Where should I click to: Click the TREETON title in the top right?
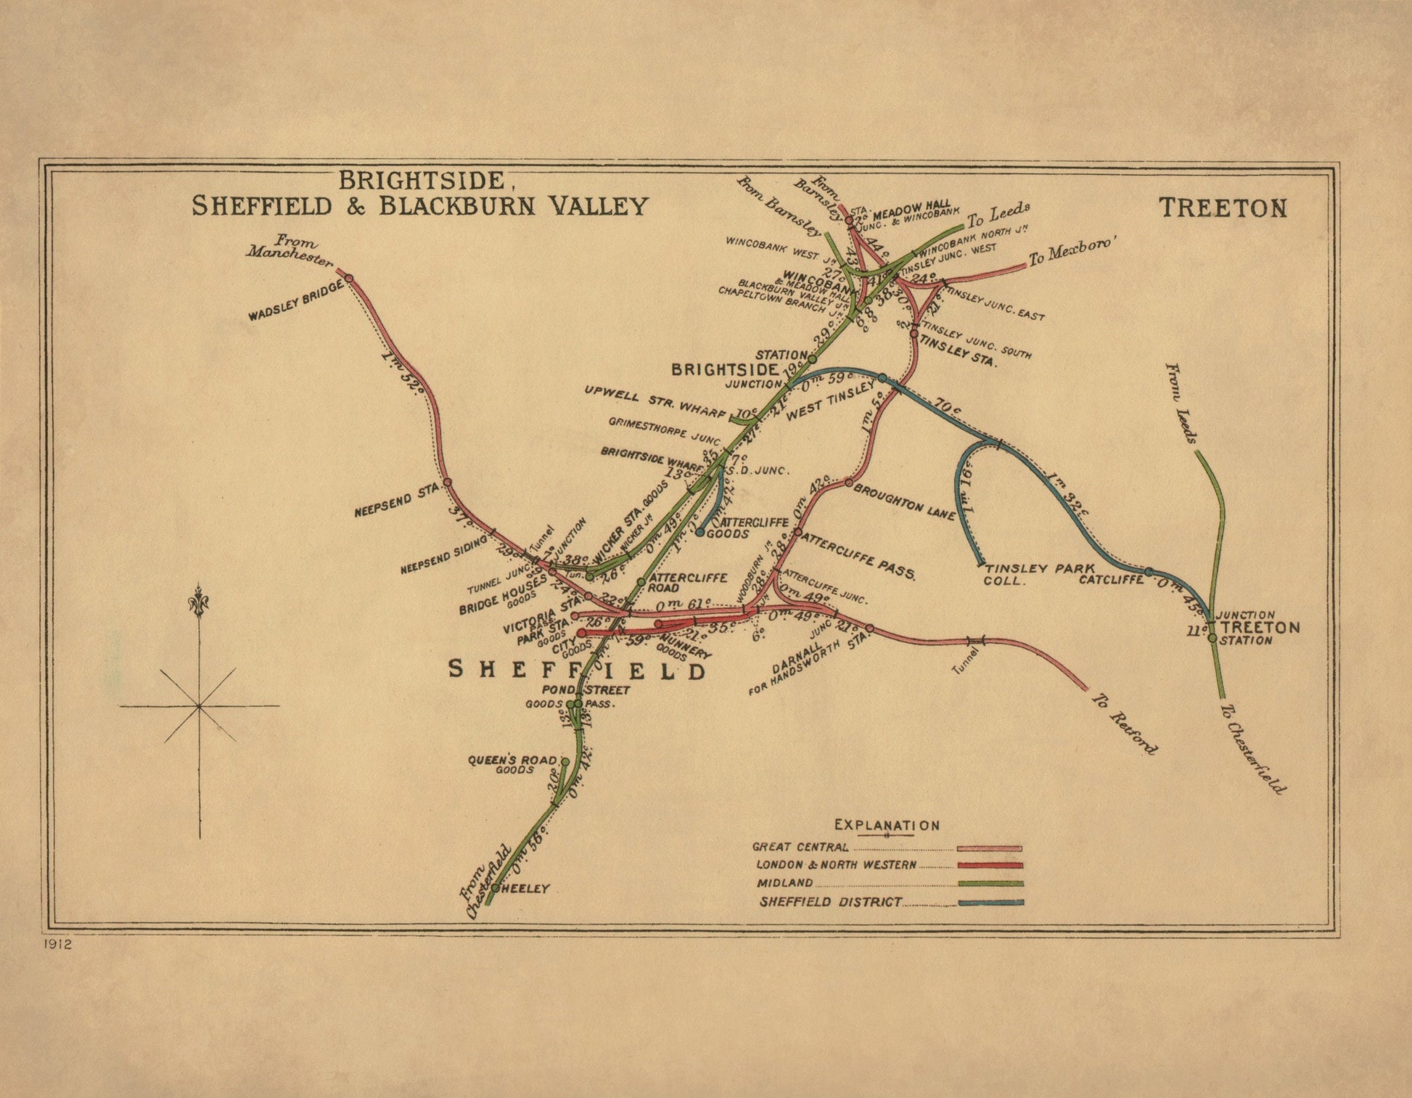(1223, 208)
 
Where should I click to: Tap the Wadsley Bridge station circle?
(348, 278)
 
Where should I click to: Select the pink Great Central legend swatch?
(989, 848)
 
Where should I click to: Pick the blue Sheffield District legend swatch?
(990, 903)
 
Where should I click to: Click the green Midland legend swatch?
(990, 884)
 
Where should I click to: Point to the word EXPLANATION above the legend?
(887, 825)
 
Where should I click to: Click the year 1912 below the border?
(58, 944)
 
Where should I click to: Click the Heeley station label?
(525, 888)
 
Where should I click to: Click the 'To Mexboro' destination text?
(1070, 251)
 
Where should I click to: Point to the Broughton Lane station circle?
(848, 483)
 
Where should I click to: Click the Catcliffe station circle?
(1149, 572)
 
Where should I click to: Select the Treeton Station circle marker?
(1212, 638)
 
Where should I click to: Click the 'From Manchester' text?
(290, 250)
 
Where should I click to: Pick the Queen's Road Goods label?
(512, 764)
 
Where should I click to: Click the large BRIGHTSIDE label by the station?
(725, 369)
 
